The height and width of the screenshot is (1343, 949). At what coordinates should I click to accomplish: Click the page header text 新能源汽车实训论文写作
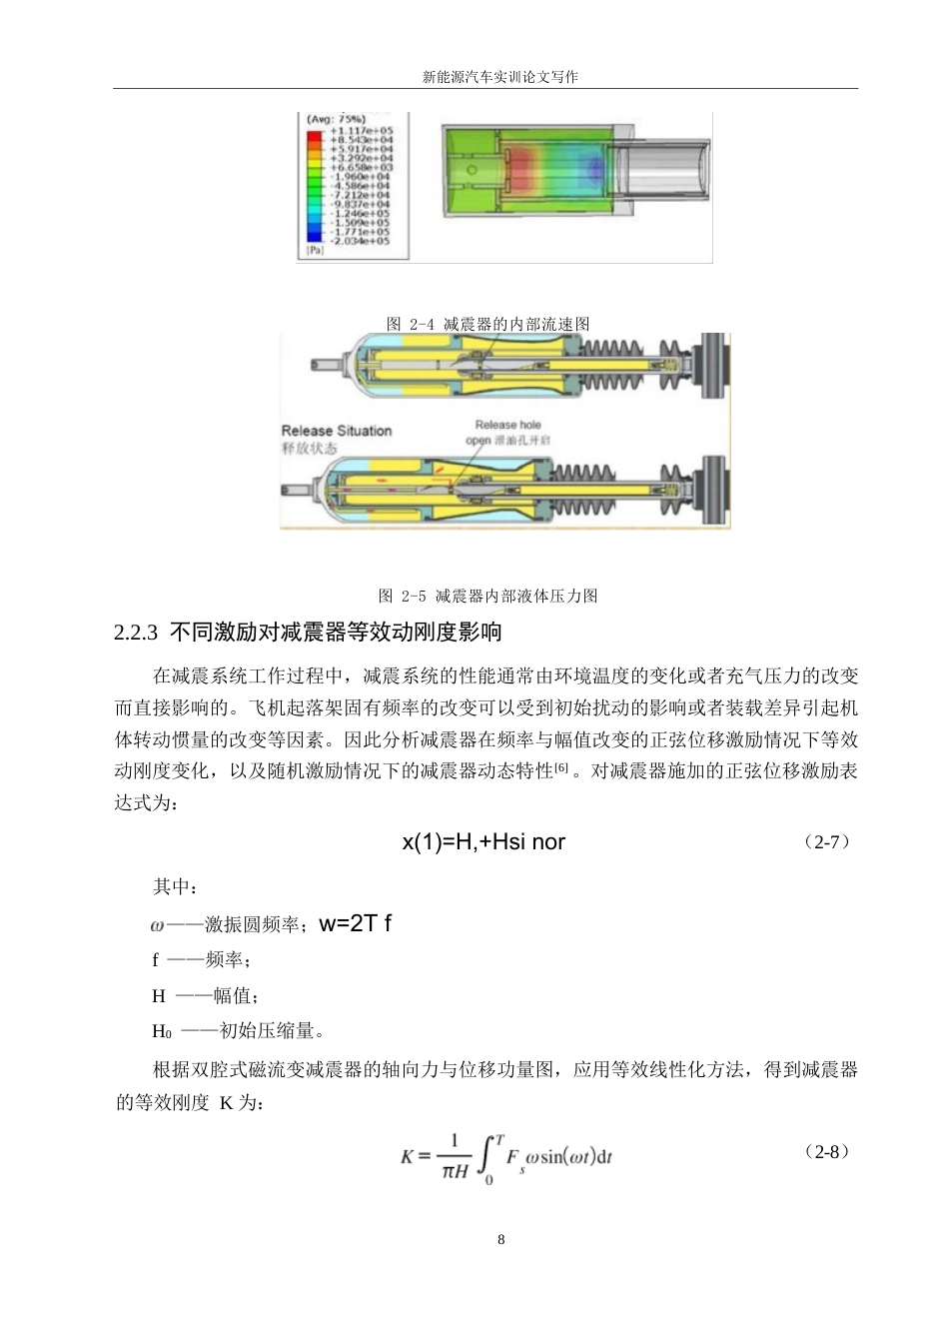coord(500,77)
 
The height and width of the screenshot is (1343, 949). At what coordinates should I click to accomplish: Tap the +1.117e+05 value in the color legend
coord(366,131)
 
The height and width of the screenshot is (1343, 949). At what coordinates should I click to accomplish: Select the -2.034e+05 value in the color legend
coord(366,241)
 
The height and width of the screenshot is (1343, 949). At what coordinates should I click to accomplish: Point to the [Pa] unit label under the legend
coord(316,252)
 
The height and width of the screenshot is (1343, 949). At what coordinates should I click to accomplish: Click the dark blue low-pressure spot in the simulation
coord(595,165)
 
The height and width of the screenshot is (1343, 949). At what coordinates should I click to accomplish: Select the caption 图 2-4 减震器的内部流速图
coord(488,324)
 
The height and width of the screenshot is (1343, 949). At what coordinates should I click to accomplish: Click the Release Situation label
coord(337,431)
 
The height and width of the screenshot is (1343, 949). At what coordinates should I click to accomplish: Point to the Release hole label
coord(507,425)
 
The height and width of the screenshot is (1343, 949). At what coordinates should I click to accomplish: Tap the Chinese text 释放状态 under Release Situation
coord(311,448)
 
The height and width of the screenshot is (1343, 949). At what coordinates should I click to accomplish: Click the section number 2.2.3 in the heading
coord(137,633)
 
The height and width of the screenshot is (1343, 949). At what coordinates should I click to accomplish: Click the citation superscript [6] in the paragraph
coord(561,767)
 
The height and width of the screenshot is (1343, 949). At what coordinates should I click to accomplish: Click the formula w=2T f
coord(355,923)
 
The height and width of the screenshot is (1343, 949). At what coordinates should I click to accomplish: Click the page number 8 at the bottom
coord(501,1240)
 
